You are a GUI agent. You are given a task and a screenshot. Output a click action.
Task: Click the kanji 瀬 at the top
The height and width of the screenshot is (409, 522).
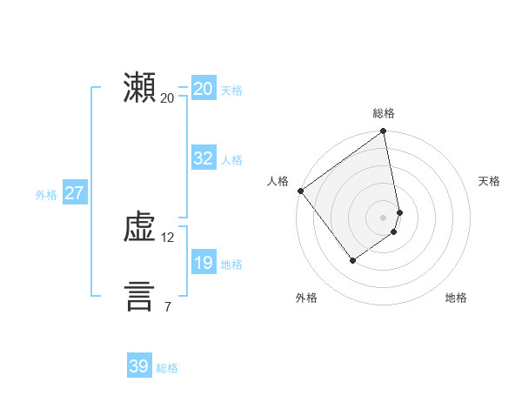coord(139,89)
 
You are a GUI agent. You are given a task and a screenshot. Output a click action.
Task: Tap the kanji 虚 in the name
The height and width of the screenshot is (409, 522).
coord(139,228)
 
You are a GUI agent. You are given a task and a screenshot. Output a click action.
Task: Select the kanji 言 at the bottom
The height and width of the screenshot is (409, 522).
coord(139,297)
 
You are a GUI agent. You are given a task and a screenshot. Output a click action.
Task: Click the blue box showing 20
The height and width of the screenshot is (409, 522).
coord(203,89)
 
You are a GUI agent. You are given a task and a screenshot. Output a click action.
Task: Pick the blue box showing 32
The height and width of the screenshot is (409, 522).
coord(203,158)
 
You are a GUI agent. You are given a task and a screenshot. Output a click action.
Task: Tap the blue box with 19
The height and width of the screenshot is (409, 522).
coord(203,263)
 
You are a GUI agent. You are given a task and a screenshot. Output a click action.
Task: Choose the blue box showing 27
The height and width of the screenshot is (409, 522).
coord(74,193)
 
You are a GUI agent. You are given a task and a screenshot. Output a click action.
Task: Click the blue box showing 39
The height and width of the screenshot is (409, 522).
coord(139,366)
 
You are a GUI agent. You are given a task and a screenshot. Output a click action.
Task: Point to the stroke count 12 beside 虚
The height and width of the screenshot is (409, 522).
coord(168,237)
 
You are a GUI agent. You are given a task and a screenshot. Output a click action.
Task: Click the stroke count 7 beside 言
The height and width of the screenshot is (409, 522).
coord(167,306)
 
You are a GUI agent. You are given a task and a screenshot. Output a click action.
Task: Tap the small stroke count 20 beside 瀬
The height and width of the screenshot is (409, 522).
coord(168,97)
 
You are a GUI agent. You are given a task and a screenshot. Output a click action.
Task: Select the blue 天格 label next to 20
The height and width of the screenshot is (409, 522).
coord(231,91)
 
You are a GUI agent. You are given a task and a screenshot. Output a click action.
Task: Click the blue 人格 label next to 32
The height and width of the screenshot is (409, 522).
coord(231,160)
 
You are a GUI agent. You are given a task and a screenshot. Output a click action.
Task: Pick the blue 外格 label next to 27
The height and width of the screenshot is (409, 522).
coord(46,195)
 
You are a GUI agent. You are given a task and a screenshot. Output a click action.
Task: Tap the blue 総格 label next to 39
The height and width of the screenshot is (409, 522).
coord(167,368)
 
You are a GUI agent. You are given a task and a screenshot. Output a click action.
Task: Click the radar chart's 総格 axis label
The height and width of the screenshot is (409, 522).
coord(384,113)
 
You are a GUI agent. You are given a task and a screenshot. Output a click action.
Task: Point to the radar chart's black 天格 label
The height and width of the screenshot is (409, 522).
coord(489,181)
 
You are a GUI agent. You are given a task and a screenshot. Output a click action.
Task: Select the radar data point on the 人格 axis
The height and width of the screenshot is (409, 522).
coord(300,191)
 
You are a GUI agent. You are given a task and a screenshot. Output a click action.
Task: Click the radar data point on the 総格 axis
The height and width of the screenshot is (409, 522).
coord(384,132)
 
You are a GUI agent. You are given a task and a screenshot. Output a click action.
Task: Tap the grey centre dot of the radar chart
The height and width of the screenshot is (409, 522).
coord(384,218)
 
